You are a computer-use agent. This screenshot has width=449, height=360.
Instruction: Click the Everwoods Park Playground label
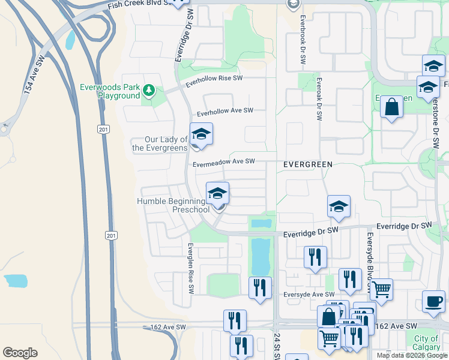pos(110,91)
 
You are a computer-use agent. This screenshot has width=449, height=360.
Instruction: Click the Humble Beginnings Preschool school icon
pos(217,194)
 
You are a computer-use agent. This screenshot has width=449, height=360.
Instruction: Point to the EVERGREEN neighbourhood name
pos(308,164)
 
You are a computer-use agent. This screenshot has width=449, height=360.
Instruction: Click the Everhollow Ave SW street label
pos(225,111)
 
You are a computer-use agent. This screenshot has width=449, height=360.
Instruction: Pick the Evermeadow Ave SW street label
pos(224,161)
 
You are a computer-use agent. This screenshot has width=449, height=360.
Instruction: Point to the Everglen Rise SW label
pos(190,268)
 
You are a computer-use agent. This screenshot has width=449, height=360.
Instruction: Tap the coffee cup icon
pos(433,301)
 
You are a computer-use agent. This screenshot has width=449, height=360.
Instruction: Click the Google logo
pos(20,353)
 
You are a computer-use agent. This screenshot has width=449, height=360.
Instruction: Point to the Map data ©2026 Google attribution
pos(412,355)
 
